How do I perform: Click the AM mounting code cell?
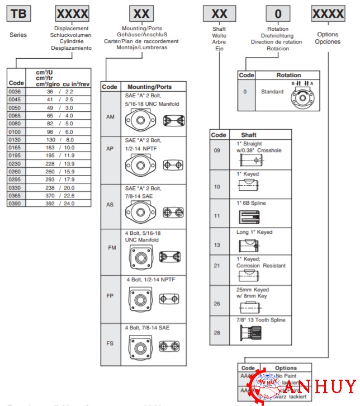pos(110,117)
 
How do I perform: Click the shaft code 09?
pos(217,150)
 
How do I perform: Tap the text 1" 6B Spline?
pos(250,202)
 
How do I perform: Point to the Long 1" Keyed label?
pos(255,232)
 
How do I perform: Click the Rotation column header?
pos(288,75)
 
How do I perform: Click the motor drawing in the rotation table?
pos(304,96)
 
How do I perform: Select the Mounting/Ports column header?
pos(149,87)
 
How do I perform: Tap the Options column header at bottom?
pos(286,368)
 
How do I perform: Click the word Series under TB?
pos(18,34)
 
